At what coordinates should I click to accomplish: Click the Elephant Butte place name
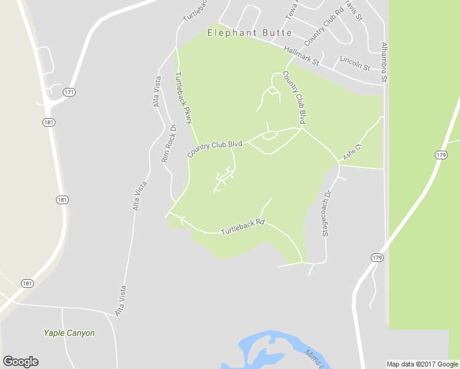tap(249, 33)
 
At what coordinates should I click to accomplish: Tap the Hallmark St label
tap(302, 55)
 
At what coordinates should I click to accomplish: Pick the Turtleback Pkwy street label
tap(184, 98)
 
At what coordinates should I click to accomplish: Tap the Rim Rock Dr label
tap(169, 143)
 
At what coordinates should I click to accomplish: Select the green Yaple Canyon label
tap(69, 333)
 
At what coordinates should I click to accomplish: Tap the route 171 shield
tap(69, 92)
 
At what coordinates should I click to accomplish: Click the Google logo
tap(20, 362)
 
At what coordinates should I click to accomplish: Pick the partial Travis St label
tap(354, 10)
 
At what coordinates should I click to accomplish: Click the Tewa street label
tap(291, 9)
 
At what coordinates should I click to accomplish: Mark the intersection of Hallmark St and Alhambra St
tap(383, 84)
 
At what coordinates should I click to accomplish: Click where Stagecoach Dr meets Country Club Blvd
tap(339, 164)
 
